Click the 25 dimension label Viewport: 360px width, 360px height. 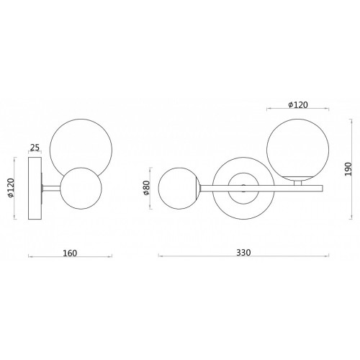point(35,148)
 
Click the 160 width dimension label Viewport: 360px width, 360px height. point(70,253)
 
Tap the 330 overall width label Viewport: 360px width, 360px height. point(243,253)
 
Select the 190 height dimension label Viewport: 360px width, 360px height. point(348,169)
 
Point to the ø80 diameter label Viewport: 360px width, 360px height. point(147,188)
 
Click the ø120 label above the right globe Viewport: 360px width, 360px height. point(298,105)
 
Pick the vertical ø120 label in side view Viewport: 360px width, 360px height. point(11,188)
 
